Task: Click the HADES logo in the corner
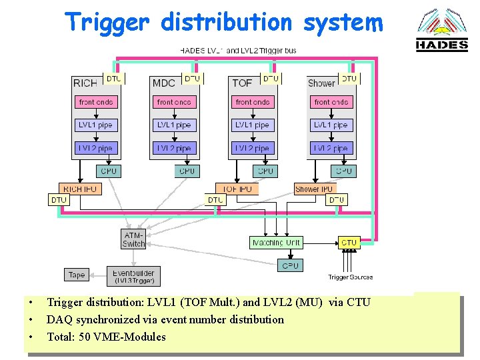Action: coord(442,31)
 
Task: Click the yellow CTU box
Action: coord(349,243)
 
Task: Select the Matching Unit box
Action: coord(276,243)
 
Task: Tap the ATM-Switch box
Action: coord(133,239)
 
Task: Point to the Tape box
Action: coord(77,275)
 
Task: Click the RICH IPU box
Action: coord(80,189)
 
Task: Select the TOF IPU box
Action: coord(237,189)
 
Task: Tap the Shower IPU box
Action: coord(314,189)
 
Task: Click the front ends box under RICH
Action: coord(96,102)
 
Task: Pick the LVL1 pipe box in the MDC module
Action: coord(174,125)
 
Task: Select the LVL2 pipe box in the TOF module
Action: coord(253,148)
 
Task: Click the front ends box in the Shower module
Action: coord(331,102)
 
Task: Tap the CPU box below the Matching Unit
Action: coord(290,265)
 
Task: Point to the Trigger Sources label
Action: coord(350,277)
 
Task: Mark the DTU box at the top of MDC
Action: coord(192,79)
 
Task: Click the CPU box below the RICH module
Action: coord(109,171)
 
